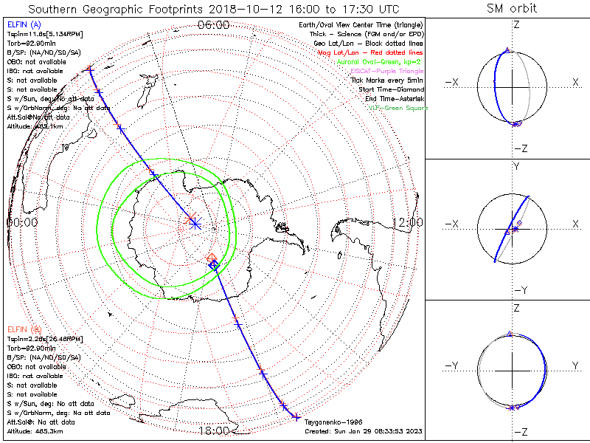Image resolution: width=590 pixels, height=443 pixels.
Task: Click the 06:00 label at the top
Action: [213, 25]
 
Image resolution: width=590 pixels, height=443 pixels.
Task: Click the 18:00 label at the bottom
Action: [213, 431]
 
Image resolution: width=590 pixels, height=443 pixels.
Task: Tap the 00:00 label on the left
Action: [22, 221]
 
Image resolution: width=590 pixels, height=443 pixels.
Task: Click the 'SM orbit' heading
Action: [512, 9]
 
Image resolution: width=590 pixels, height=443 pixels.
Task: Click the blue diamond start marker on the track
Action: [214, 264]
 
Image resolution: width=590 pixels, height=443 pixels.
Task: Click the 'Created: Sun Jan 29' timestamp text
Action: [363, 430]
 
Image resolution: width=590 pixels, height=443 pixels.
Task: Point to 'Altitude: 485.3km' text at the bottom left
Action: [35, 430]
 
